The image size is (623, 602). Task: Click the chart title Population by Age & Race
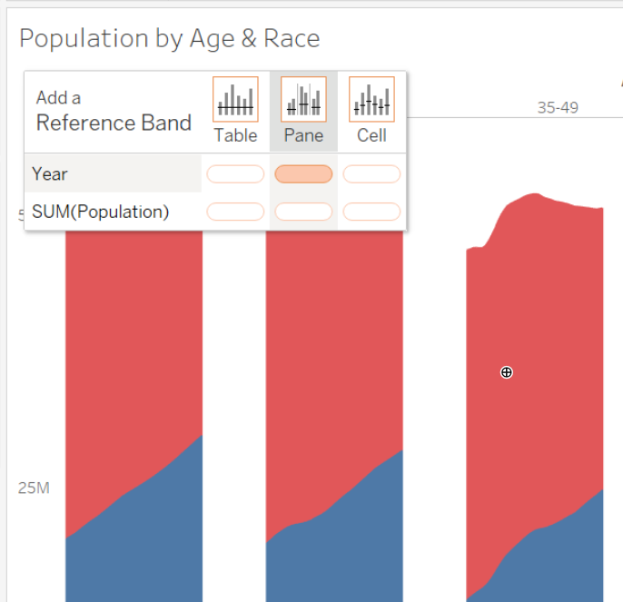[x=169, y=38]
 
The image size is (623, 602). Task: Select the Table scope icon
[x=235, y=99]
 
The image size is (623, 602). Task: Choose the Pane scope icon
[x=303, y=99]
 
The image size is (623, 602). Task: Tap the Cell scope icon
[x=371, y=99]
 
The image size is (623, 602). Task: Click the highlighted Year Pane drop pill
[x=303, y=173]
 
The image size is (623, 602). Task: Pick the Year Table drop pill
[x=235, y=173]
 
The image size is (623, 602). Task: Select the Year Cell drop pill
[x=371, y=173]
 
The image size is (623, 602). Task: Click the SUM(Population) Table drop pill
[x=235, y=212]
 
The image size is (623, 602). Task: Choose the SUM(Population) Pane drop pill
[x=303, y=212]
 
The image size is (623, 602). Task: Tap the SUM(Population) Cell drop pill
[x=371, y=212]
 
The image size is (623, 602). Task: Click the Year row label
[x=50, y=173]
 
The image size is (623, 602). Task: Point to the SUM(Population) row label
[x=100, y=212]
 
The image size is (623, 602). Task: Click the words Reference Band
[x=114, y=123]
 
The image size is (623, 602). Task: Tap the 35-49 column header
[x=558, y=107]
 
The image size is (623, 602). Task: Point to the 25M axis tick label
[x=34, y=488]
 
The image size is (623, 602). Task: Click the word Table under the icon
[x=235, y=135]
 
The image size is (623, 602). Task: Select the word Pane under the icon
[x=303, y=135]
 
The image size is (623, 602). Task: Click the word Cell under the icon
[x=371, y=135]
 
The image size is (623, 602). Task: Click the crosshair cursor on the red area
[x=507, y=372]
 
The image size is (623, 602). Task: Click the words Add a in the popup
[x=58, y=97]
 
